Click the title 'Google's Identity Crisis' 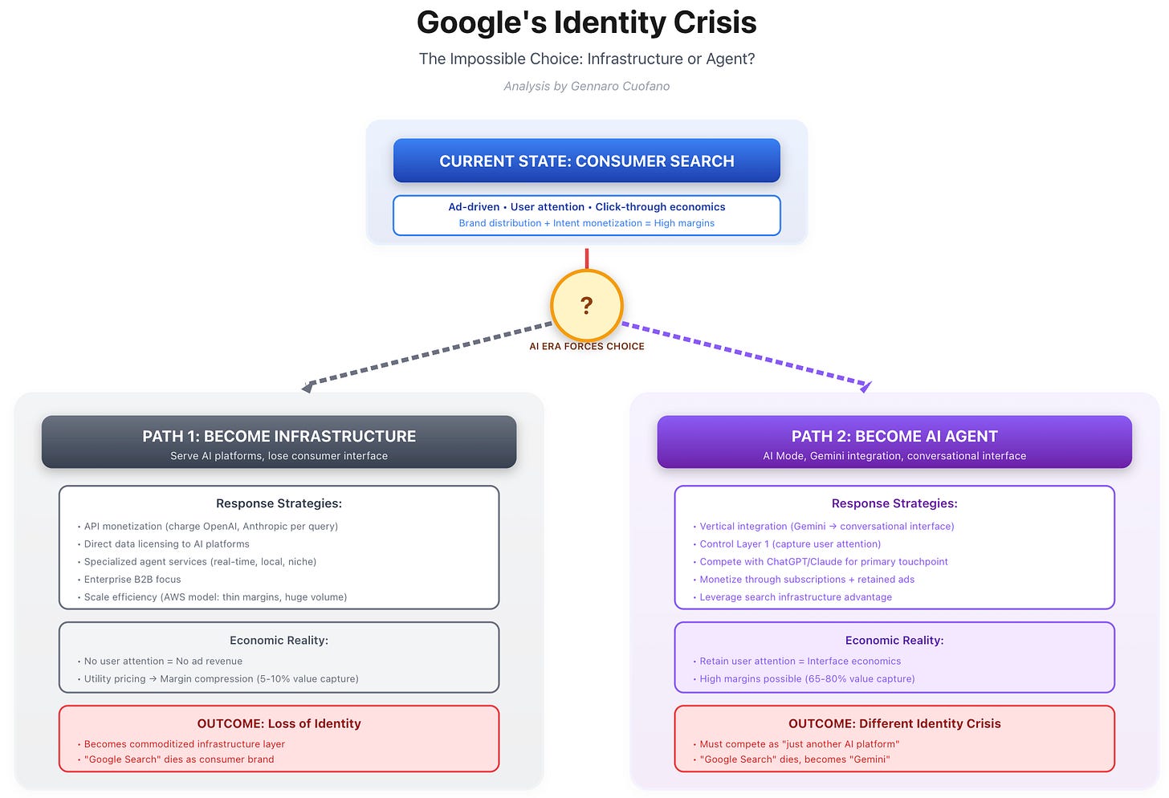pos(586,22)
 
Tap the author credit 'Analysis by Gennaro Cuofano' pos(586,86)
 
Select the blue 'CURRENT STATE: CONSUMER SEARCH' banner pos(586,161)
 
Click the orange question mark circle pos(586,305)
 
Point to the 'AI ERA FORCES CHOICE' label pos(586,347)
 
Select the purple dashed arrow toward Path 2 pos(747,353)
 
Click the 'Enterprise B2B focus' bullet pos(132,580)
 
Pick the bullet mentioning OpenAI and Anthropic pos(210,527)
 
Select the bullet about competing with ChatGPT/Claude pos(823,562)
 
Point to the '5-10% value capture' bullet pos(221,679)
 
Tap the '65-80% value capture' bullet pos(807,679)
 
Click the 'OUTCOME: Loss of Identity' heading pos(279,723)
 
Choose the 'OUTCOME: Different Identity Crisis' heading pos(894,723)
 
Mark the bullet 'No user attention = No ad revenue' pos(163,662)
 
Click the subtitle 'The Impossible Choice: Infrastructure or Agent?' pos(586,59)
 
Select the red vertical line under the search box pos(587,259)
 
